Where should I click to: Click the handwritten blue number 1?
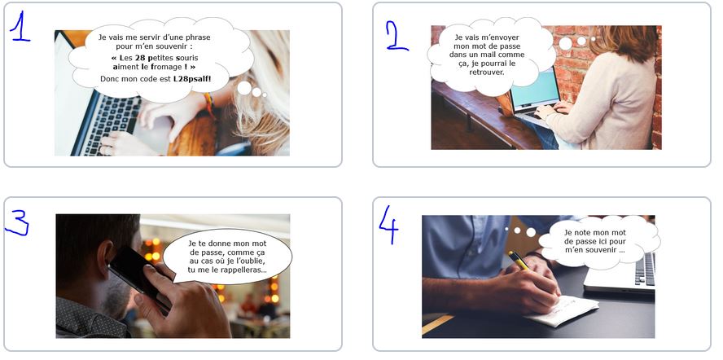19,27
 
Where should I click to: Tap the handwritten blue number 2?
397,35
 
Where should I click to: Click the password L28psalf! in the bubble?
192,79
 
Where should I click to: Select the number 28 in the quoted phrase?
140,58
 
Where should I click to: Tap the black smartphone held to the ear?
138,276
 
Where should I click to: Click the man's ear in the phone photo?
105,257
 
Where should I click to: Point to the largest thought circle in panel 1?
244,88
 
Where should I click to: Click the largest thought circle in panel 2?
565,43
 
